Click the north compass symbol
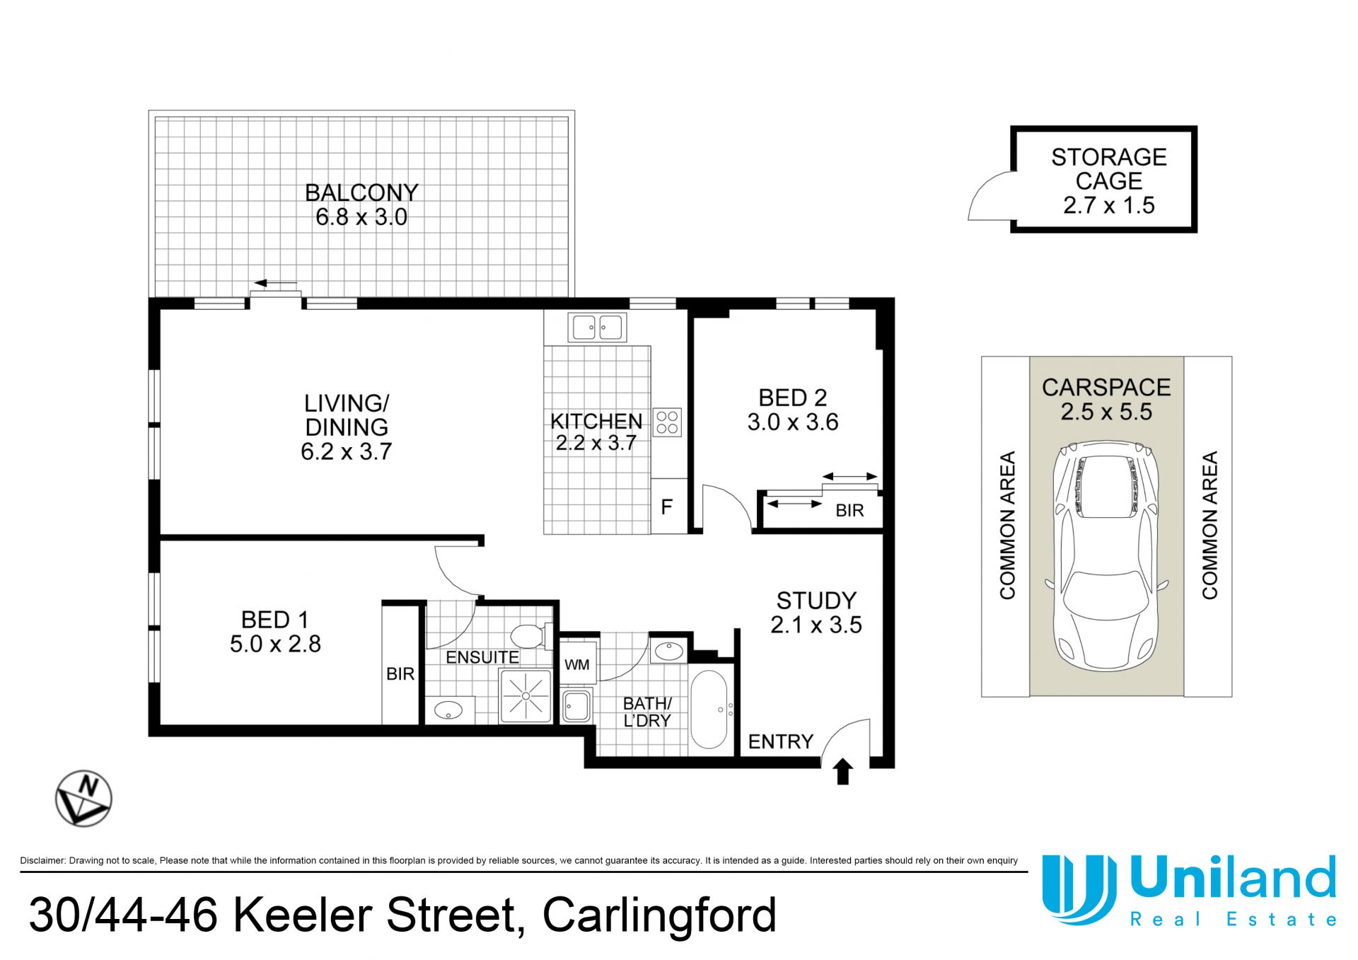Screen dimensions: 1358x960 pyautogui.click(x=83, y=798)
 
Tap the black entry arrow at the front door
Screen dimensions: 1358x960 pyautogui.click(x=842, y=771)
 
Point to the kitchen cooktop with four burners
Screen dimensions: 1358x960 pyautogui.click(x=667, y=422)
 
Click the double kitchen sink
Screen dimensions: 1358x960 pyautogui.click(x=597, y=328)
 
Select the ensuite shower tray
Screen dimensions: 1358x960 pyautogui.click(x=526, y=695)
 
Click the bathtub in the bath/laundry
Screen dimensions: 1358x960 pyautogui.click(x=708, y=710)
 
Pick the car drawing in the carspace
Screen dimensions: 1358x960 pyautogui.click(x=1106, y=556)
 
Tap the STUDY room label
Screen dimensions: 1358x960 pyautogui.click(x=816, y=601)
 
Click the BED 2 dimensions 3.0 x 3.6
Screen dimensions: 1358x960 pyautogui.click(x=793, y=422)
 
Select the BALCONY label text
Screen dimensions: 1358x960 pyautogui.click(x=361, y=192)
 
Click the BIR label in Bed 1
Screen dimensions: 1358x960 pyautogui.click(x=400, y=674)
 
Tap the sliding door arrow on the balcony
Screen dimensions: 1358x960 pyautogui.click(x=276, y=284)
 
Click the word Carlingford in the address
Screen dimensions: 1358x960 pyautogui.click(x=659, y=915)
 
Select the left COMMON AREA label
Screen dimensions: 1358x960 pyautogui.click(x=1007, y=526)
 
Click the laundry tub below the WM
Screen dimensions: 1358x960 pyautogui.click(x=576, y=705)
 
